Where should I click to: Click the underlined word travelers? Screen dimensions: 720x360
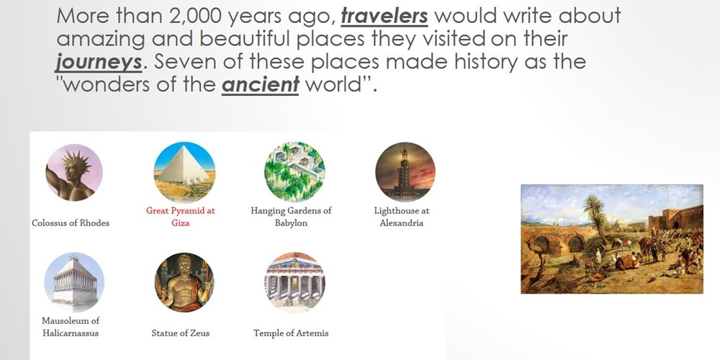coord(384,16)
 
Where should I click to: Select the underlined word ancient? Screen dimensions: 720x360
coord(261,86)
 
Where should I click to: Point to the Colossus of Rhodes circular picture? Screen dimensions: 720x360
coord(74,172)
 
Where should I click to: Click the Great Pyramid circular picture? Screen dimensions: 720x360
coord(184,172)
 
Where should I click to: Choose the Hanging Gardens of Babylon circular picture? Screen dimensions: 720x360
coord(294,172)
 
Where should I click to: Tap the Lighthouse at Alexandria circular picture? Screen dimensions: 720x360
coord(405,172)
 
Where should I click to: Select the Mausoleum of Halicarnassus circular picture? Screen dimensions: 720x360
coord(74,282)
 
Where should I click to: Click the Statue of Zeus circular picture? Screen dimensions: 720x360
coord(184,282)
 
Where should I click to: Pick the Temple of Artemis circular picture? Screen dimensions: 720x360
coord(294,282)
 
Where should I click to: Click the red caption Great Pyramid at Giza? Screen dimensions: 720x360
coord(181,217)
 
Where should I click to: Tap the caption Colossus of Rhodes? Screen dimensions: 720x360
coord(71,223)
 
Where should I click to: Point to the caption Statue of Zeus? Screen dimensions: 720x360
coord(181,333)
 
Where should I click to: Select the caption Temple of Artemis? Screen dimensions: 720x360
coord(291,333)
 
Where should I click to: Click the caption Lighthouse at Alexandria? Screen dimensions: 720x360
coord(401,217)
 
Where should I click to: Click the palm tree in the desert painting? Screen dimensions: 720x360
coord(596,216)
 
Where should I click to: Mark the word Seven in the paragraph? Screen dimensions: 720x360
coord(181,62)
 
